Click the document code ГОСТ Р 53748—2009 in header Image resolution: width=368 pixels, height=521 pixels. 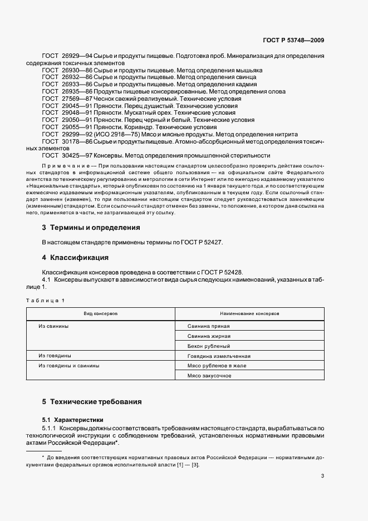tap(293, 40)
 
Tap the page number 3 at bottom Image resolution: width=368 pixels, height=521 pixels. tap(322, 476)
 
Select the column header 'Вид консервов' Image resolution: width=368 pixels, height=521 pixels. tap(100, 314)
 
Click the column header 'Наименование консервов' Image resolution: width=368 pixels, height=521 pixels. tap(249, 314)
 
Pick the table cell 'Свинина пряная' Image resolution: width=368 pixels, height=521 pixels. tap(208, 326)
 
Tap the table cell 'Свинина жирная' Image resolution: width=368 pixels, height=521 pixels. tap(209, 336)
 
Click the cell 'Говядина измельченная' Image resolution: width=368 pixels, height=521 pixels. tap(218, 356)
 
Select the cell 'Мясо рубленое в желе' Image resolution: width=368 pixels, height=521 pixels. tap(217, 366)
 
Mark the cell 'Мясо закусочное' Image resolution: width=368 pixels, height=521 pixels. tap(209, 376)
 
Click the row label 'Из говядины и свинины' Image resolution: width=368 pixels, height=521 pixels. tap(69, 366)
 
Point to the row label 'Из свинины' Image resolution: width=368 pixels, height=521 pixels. tap(53, 326)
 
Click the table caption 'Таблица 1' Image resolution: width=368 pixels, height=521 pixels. tap(45, 301)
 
